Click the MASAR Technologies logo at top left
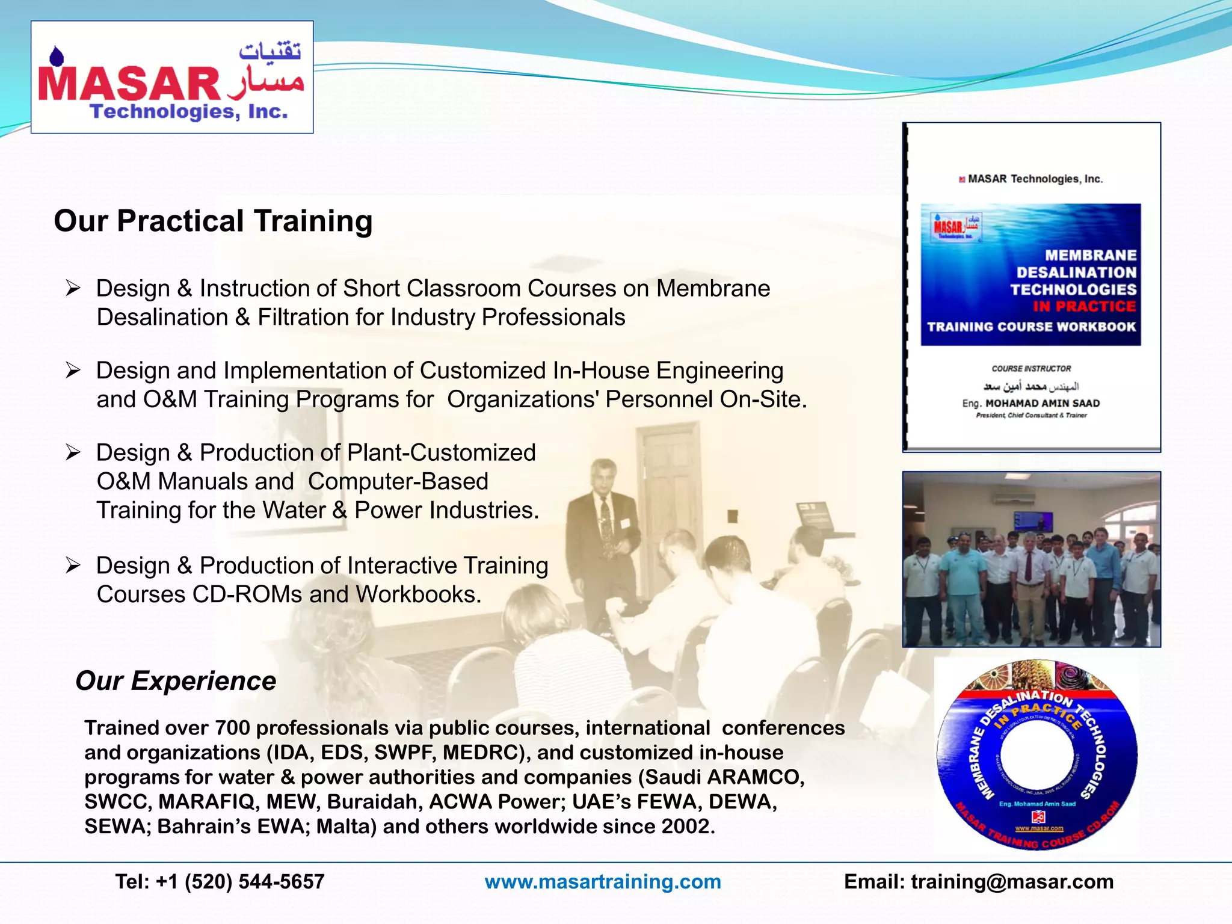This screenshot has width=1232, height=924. coord(171,77)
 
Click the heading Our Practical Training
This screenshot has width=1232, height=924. coord(213,221)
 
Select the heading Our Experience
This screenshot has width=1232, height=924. coord(175,681)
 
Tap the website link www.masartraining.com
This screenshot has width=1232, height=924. coord(602,882)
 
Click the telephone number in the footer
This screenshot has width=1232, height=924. coord(220,882)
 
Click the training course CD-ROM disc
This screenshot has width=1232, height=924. coord(1036,755)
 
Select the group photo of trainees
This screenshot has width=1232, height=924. coord(1031,559)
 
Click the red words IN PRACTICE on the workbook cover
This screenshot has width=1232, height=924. coord(1084,307)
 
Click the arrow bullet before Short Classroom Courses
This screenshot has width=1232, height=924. coord(73,288)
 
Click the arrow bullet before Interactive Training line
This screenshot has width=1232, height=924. coord(73,565)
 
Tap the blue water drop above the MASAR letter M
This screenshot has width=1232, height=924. coord(57,56)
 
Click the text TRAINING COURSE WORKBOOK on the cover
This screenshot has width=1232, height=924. coord(1030,327)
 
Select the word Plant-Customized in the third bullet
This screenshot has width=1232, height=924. coord(441,452)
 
